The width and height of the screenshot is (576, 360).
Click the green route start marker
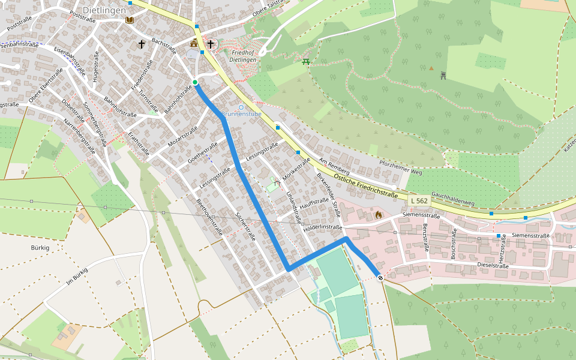pos(195,82)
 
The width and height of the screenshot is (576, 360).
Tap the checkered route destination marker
pos(380,277)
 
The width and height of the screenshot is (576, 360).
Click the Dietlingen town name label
pos(104,10)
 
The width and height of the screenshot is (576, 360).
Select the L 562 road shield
pos(419,200)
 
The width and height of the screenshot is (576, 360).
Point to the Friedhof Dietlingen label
pos(243,56)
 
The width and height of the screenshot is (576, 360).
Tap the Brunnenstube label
pos(241,114)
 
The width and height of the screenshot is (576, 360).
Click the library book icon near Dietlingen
pos(130,20)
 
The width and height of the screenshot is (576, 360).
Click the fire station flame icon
pos(378,214)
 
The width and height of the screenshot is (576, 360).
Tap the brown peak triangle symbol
pos(431,68)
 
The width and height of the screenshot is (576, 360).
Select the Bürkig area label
pos(40,247)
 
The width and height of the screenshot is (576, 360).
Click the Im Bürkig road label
pos(77,280)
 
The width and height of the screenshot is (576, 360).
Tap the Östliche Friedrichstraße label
pos(367,187)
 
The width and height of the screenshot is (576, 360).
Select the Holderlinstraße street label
pos(323,227)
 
